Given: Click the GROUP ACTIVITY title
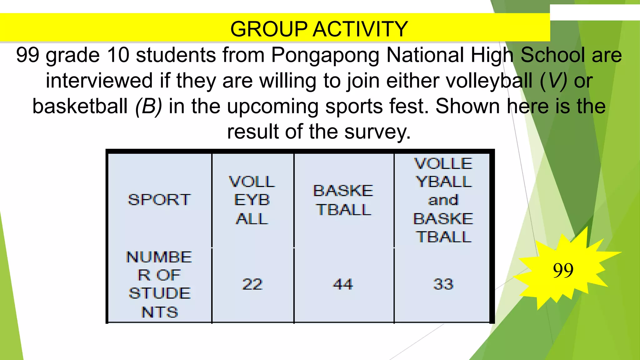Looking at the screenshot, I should pos(319,29).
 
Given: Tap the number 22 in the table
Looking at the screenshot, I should pos(252,284).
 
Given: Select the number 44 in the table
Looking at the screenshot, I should pos(343,284).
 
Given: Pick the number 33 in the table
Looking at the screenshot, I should pos(443,284).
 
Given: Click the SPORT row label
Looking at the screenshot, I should pos(159,200).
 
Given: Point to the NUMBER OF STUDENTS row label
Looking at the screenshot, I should pos(159,284).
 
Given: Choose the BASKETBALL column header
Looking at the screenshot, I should pos(343,200).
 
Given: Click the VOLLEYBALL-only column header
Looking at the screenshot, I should pos(252,200).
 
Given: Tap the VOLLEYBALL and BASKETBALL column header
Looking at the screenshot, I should pos(443,200).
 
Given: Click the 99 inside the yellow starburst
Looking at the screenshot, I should pos(563,270).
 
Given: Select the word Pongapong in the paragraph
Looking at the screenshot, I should pos(325,55).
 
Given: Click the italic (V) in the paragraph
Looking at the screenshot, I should pos(553,81).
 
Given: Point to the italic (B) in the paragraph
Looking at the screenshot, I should pos(148,106).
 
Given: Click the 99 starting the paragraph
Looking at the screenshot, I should pos(27,55).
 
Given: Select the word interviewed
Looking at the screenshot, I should pos(99,81).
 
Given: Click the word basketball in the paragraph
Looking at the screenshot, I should pos(80,106).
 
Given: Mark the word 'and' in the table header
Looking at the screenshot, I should pos(443,200).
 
